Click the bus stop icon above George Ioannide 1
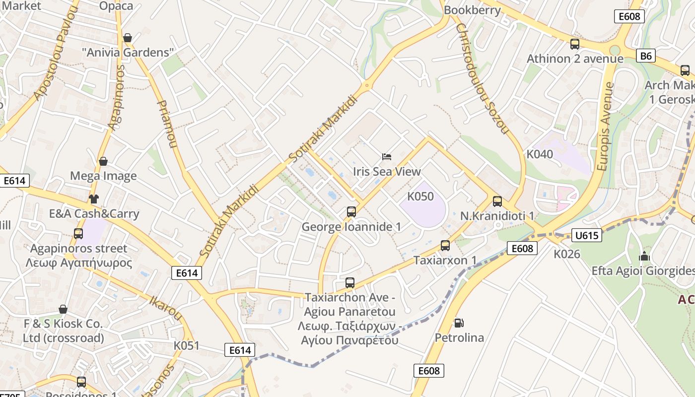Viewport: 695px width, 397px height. (351, 212)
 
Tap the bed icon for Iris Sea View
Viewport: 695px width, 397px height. (387, 157)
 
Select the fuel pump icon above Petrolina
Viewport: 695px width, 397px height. (459, 323)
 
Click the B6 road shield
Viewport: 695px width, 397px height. (645, 56)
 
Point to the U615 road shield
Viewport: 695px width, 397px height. (587, 235)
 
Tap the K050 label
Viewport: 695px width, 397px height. (420, 197)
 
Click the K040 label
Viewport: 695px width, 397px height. (540, 154)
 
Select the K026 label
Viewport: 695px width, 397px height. (567, 254)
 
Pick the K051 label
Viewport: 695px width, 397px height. (186, 345)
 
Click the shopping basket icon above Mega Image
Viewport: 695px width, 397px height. (103, 161)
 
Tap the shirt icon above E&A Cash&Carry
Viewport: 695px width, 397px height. (93, 199)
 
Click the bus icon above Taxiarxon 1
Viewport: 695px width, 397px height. (445, 246)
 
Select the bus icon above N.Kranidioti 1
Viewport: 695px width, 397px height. (497, 201)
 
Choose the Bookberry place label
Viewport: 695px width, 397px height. (472, 10)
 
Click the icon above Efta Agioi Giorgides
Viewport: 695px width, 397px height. (644, 257)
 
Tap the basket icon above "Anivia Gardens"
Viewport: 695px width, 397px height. (128, 38)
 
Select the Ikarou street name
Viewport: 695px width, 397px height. (166, 307)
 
